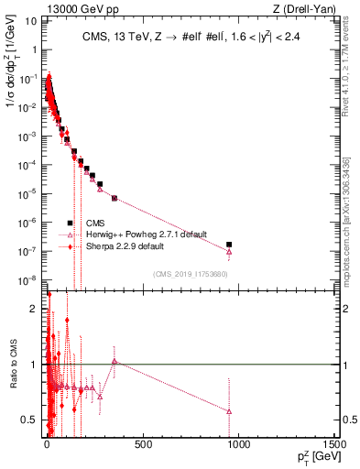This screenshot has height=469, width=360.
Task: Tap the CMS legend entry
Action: tap(95, 223)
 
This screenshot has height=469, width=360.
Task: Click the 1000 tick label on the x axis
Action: tap(238, 444)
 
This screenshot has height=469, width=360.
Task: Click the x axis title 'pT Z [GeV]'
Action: tap(311, 458)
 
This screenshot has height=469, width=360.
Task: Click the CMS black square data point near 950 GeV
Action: tap(229, 245)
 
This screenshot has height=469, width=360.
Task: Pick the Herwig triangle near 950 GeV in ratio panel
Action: tap(229, 411)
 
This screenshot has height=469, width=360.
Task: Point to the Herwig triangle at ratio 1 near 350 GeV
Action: tap(114, 362)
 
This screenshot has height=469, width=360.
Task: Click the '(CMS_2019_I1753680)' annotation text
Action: tap(191, 273)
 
